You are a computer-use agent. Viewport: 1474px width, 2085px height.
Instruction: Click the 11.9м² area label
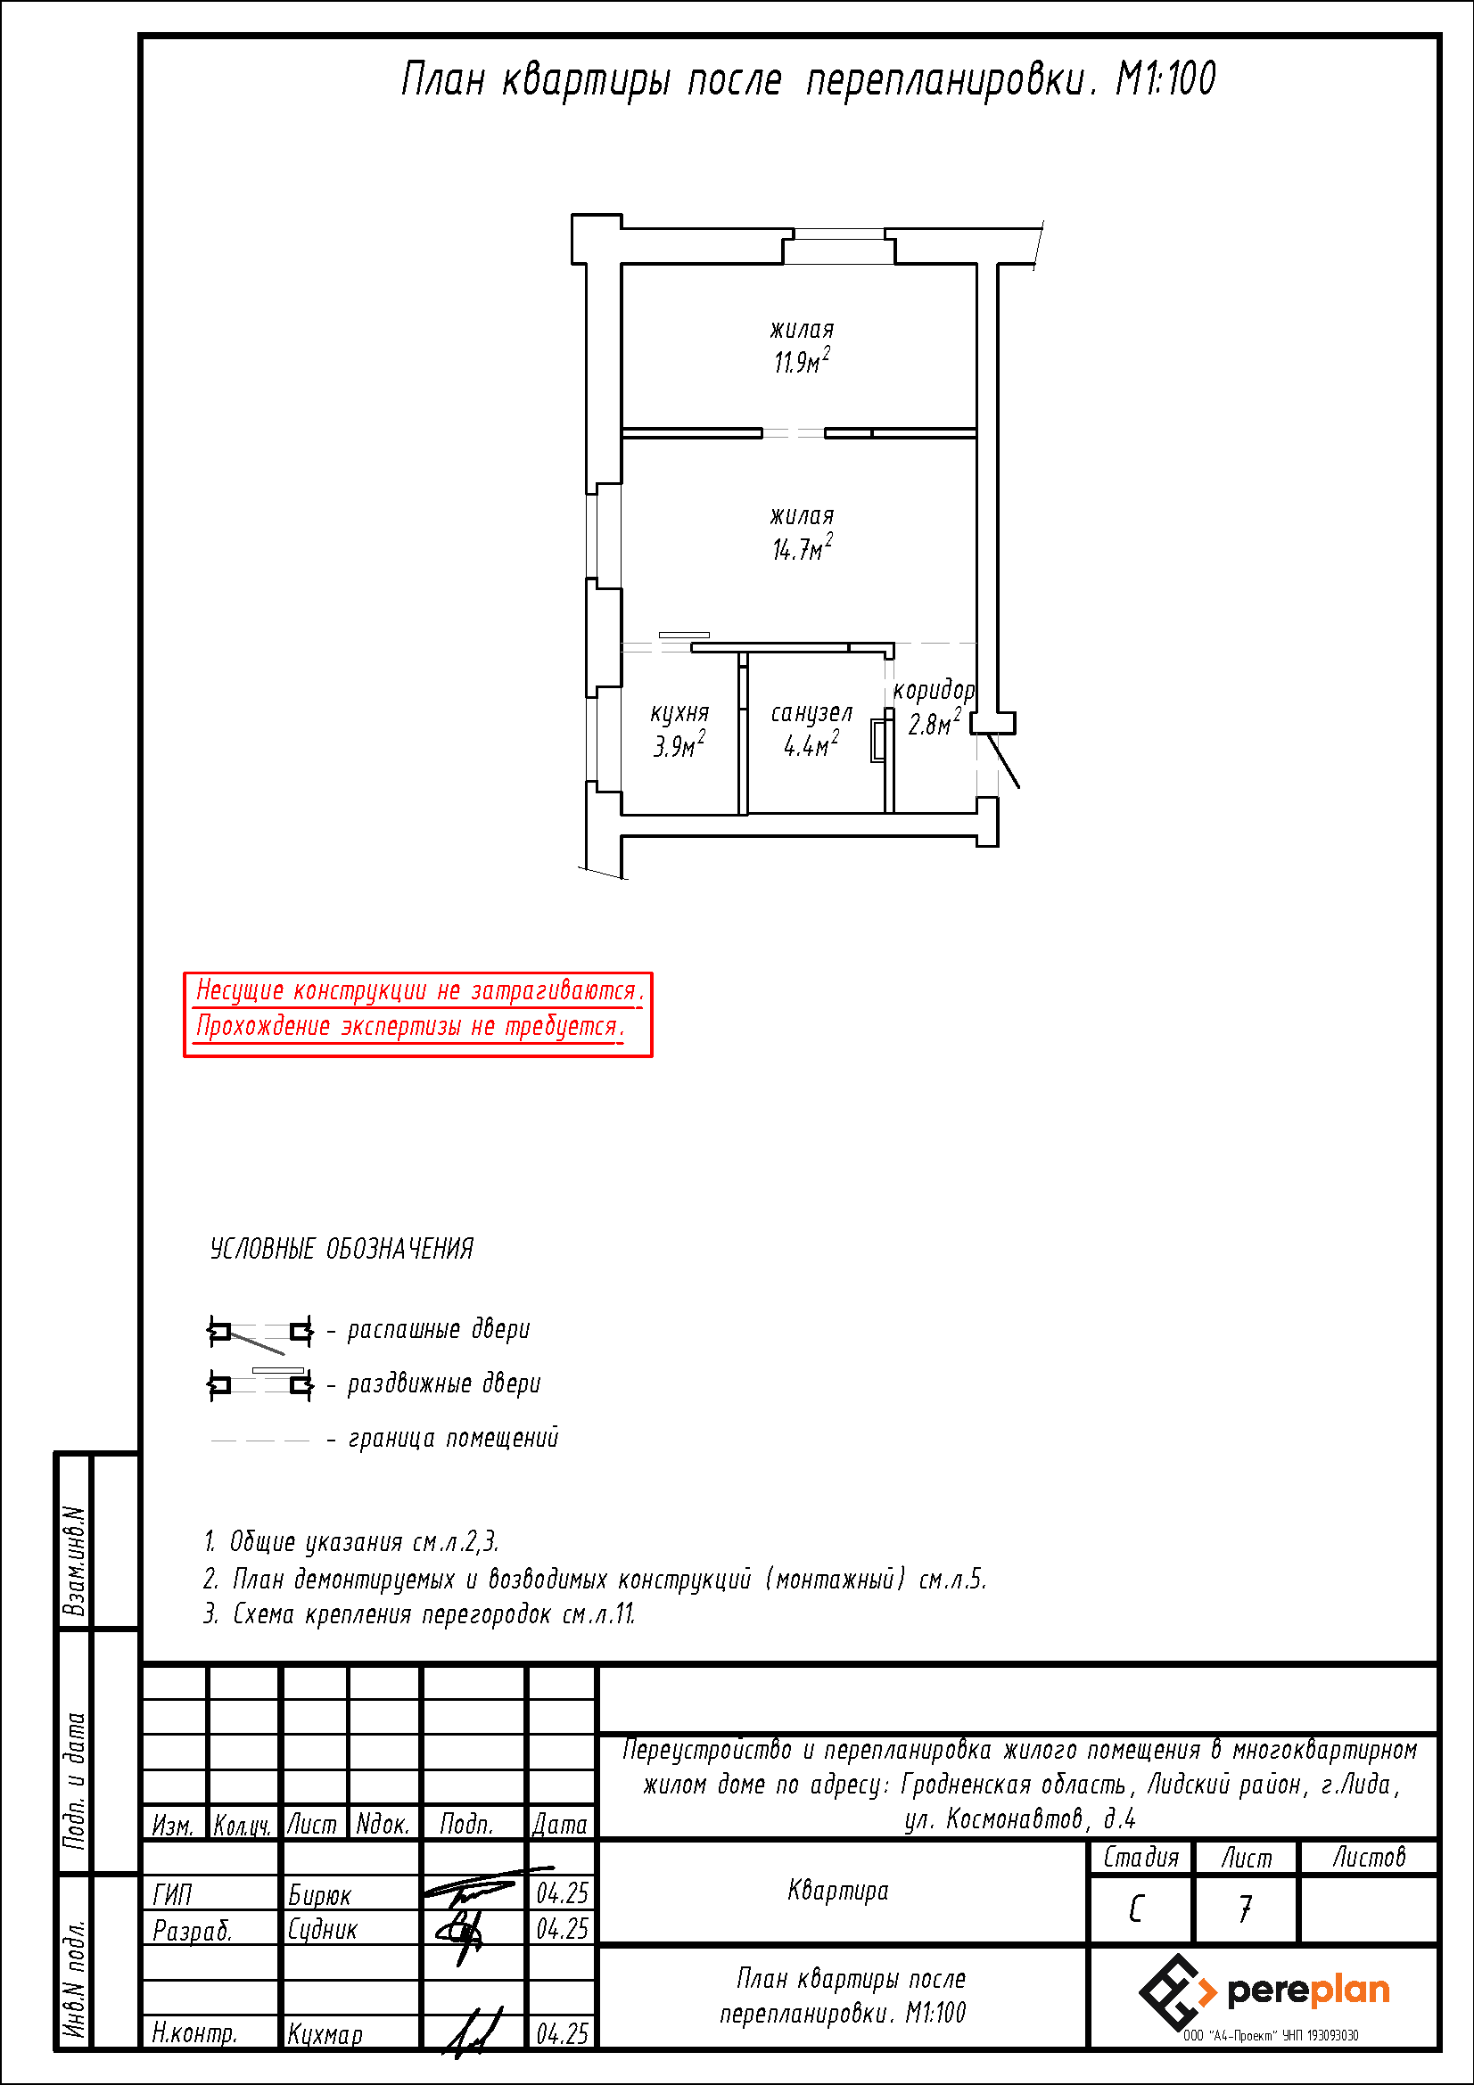pos(801,360)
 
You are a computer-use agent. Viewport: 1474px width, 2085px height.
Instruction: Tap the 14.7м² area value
pos(802,547)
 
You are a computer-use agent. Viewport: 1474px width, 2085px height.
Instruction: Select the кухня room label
pos(679,714)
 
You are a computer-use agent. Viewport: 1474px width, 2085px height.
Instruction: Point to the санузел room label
pos(811,714)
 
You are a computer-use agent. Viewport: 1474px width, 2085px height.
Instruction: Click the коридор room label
pos(934,691)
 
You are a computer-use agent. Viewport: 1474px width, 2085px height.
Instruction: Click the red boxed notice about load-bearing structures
pos(418,1014)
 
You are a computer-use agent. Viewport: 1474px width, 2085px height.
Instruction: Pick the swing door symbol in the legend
pos(260,1332)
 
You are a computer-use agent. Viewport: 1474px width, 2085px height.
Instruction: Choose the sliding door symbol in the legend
pos(260,1383)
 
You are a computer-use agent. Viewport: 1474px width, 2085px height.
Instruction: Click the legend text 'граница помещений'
pos(453,1439)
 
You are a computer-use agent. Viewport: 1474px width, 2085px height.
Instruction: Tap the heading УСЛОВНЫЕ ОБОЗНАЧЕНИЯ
pos(342,1249)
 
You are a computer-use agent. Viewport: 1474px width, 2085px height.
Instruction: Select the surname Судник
pos(323,1930)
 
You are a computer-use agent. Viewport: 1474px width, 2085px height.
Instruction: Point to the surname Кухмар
pos(325,2034)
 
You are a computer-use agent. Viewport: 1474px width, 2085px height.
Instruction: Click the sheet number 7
pos(1246,1909)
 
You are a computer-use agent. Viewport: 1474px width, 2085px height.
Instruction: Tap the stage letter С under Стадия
pos(1136,1909)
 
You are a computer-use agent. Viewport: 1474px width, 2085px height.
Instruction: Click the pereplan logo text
pos(1308,1991)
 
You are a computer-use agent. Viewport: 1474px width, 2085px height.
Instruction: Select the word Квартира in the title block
pos(838,1891)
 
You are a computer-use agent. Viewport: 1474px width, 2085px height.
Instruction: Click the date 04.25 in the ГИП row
pos(562,1893)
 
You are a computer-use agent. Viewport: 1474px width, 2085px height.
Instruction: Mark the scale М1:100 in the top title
pos(1165,78)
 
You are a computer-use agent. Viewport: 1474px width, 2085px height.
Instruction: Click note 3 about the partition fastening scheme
pos(419,1613)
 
